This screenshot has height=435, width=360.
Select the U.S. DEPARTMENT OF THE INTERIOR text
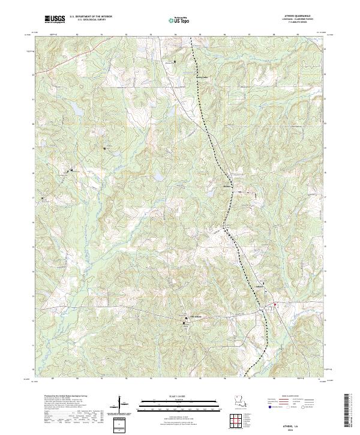[91, 16]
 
